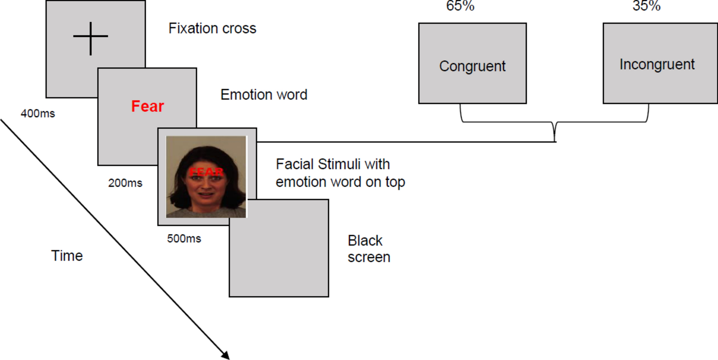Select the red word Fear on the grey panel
147,106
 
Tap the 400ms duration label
38,114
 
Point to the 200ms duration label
125,183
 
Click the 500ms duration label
184,239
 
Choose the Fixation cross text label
212,29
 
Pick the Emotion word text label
264,95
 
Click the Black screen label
368,249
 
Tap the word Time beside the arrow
67,256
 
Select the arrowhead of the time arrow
226,355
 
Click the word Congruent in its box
472,66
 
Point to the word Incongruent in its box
657,65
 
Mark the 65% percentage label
460,6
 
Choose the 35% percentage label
646,6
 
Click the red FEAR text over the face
206,172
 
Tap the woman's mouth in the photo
206,195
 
